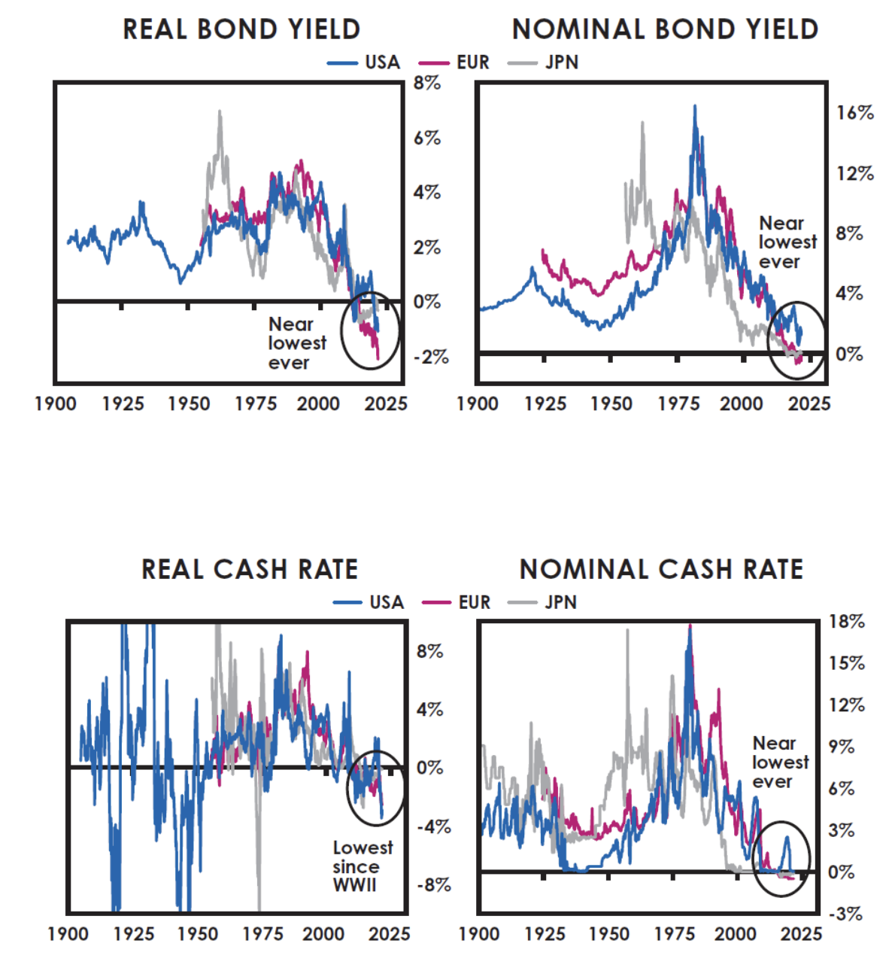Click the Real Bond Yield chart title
[x=241, y=29]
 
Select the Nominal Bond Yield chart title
[x=665, y=29]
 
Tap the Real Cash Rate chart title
[x=250, y=569]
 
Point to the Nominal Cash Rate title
[x=661, y=569]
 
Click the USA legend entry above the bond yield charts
[x=366, y=62]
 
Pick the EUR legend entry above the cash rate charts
[x=458, y=602]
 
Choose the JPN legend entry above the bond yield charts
[x=545, y=62]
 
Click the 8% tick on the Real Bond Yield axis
[x=426, y=84]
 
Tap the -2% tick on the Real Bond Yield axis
[x=431, y=357]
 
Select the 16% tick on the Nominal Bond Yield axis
[x=855, y=113]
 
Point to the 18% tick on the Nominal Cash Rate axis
[x=846, y=622]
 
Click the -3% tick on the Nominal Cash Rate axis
[x=845, y=914]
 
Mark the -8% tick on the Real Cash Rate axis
[x=433, y=884]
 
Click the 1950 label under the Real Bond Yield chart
[x=189, y=404]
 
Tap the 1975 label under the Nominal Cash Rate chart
[x=674, y=934]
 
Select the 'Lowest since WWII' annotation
[x=362, y=866]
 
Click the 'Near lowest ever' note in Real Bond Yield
[x=296, y=343]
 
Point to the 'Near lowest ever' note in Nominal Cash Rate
[x=779, y=762]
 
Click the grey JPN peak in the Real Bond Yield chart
[x=220, y=111]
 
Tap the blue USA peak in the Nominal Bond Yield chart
[x=695, y=106]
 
